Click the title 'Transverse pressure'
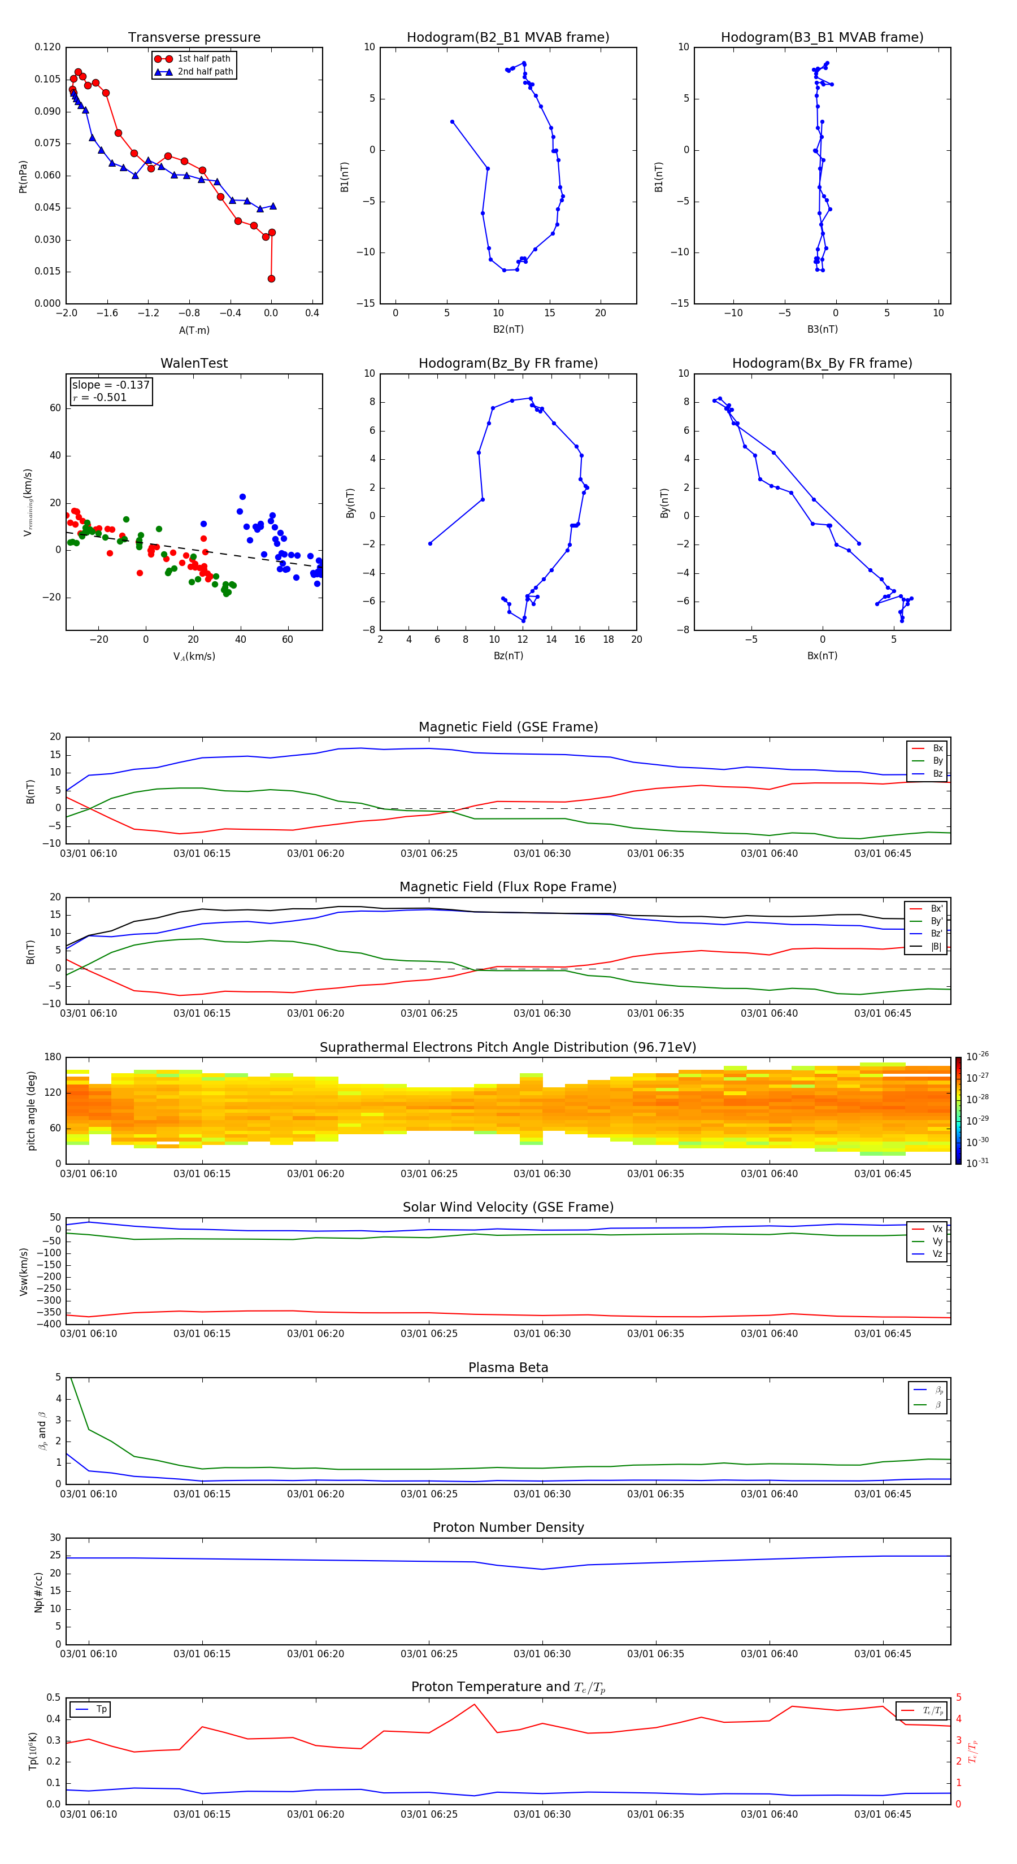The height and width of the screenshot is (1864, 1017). tap(194, 38)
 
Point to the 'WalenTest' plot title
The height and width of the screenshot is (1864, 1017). tap(194, 363)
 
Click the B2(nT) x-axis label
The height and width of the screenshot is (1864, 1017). tap(508, 329)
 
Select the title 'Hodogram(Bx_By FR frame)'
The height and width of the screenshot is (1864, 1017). tap(822, 363)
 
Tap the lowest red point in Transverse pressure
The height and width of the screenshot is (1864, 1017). tap(271, 278)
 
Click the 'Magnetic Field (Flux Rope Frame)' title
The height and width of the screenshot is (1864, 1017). tap(507, 887)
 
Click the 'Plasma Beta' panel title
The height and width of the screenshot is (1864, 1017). tap(507, 1367)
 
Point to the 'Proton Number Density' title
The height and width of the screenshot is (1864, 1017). tap(507, 1527)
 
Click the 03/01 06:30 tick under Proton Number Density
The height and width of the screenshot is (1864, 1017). tap(542, 1654)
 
